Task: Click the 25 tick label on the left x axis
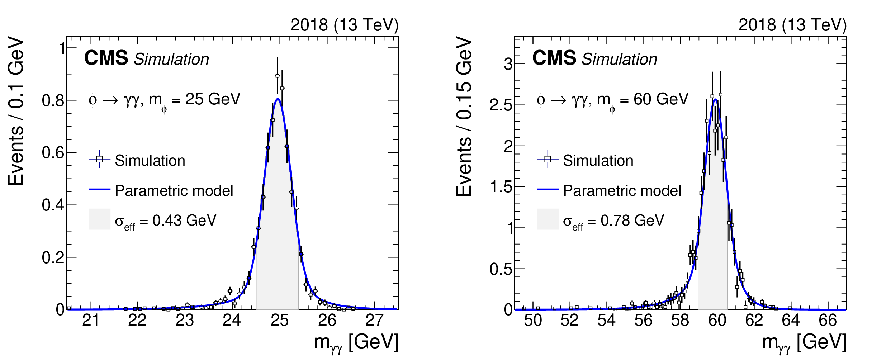(x=279, y=320)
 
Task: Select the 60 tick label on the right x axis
(x=717, y=320)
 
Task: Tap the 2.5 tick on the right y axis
(x=502, y=105)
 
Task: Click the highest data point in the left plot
(x=277, y=76)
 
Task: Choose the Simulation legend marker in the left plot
(x=100, y=159)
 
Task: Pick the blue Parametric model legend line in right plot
(x=548, y=189)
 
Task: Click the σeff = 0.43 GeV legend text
(x=165, y=221)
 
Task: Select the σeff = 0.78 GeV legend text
(x=613, y=221)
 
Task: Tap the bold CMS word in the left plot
(x=106, y=58)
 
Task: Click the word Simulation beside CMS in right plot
(x=619, y=59)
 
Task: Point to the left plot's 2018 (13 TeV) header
(x=344, y=25)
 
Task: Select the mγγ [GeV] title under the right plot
(x=804, y=342)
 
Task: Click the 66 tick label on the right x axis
(x=828, y=320)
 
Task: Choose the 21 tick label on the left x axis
(x=90, y=320)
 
